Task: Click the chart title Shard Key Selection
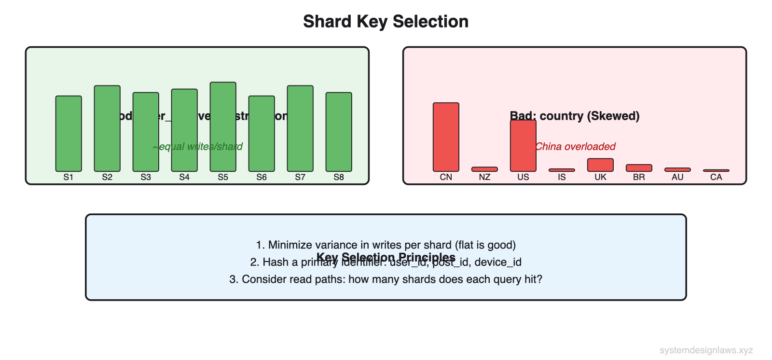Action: pyautogui.click(x=386, y=22)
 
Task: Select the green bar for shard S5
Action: pyautogui.click(x=223, y=126)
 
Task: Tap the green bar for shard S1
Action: pyautogui.click(x=69, y=133)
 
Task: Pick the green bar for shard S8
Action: pyautogui.click(x=339, y=132)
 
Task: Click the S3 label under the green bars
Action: pyautogui.click(x=146, y=177)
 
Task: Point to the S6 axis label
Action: pyautogui.click(x=262, y=177)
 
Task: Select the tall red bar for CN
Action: pyautogui.click(x=446, y=137)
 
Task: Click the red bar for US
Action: pyautogui.click(x=523, y=146)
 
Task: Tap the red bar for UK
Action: pyautogui.click(x=600, y=165)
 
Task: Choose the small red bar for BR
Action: pyautogui.click(x=639, y=168)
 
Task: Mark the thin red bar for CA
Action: pyautogui.click(x=716, y=170)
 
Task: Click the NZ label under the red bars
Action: pyautogui.click(x=484, y=177)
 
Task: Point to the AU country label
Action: pyautogui.click(x=677, y=177)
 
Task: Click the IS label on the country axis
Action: pyautogui.click(x=562, y=177)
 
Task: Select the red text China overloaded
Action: pyautogui.click(x=575, y=147)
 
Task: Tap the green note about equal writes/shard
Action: pyautogui.click(x=197, y=147)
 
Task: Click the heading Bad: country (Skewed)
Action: pyautogui.click(x=575, y=116)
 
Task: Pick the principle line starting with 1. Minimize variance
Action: pyautogui.click(x=386, y=245)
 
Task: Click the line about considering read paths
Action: pyautogui.click(x=386, y=279)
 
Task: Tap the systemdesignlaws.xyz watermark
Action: pyautogui.click(x=706, y=350)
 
